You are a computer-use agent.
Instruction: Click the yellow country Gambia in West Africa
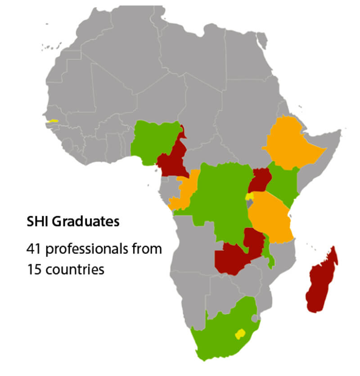pyautogui.click(x=54, y=121)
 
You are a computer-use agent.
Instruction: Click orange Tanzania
pyautogui.click(x=270, y=216)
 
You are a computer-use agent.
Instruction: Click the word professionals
pyautogui.click(x=89, y=249)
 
